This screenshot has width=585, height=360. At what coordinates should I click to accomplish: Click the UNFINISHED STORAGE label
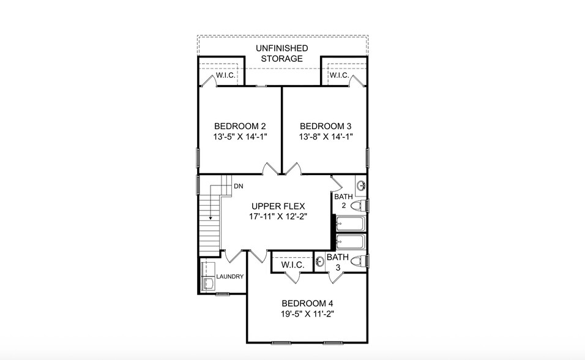282,53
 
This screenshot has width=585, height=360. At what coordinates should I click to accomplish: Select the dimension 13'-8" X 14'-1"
326,137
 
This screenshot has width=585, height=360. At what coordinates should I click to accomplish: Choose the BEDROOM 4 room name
307,303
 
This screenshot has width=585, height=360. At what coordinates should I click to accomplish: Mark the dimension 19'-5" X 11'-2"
307,314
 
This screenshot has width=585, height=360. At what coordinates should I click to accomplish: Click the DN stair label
239,186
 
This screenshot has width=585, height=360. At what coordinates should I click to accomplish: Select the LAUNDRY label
230,277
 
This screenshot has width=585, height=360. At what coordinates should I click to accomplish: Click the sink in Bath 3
320,261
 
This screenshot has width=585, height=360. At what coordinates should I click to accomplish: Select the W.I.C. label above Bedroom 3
339,76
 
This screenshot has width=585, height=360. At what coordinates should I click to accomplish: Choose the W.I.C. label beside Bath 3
291,266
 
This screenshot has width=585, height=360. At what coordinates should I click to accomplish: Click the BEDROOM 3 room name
326,126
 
